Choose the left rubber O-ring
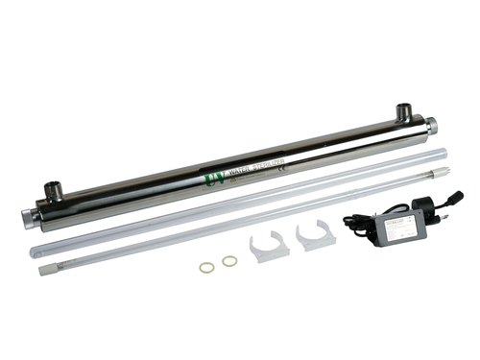pos(206,266)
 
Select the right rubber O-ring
pos(229,261)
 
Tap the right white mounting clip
pos(316,236)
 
